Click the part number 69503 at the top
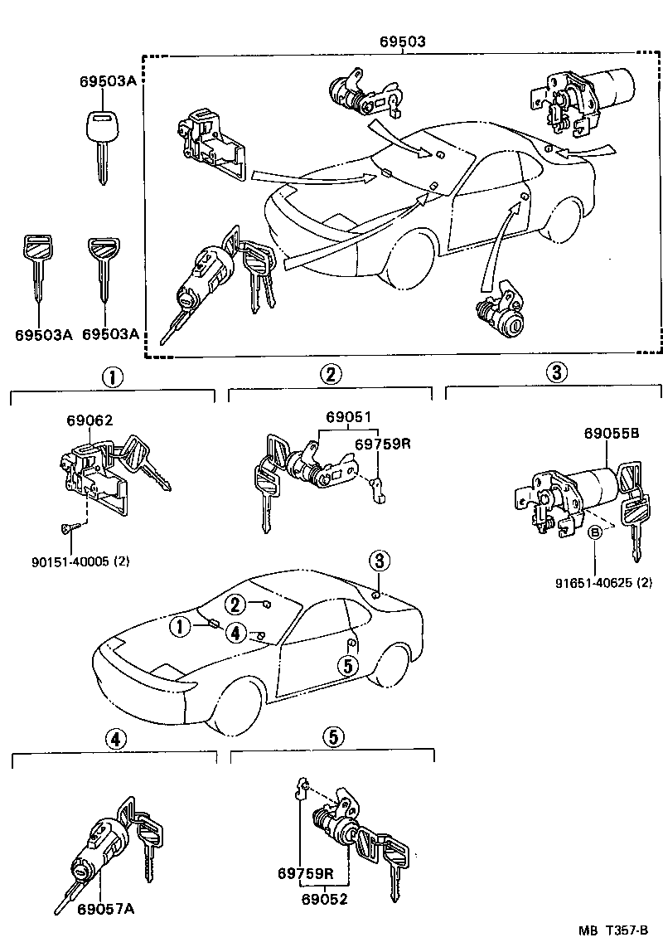404,41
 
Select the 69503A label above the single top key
107,81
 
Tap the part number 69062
90,420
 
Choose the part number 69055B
612,433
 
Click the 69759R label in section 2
383,444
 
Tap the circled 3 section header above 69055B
556,373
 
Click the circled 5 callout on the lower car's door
346,664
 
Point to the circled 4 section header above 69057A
115,739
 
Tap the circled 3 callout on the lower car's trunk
380,561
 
